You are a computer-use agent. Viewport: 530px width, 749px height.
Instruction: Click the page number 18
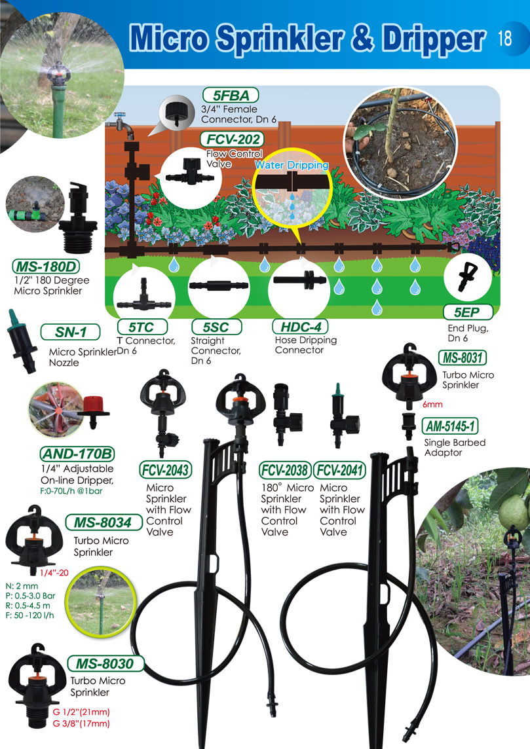(504, 38)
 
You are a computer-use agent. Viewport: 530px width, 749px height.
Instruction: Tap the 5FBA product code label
(231, 95)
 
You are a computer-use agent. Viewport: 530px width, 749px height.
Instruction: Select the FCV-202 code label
(233, 139)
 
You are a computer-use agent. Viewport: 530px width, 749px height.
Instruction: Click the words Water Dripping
(292, 165)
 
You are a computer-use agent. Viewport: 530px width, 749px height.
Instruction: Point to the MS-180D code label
(46, 266)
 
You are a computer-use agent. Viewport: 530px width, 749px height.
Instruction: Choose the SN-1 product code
(71, 331)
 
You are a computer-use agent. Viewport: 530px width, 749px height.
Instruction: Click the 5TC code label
(142, 327)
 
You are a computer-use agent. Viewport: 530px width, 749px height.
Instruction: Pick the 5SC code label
(216, 327)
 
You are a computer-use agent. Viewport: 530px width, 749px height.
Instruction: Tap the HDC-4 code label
(300, 327)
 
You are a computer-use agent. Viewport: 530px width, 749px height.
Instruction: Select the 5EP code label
(467, 312)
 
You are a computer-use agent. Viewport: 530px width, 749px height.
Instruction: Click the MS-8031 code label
(463, 357)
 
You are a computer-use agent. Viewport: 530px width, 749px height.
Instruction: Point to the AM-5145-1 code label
(450, 426)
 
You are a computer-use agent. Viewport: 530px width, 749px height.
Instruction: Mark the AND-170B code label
(77, 454)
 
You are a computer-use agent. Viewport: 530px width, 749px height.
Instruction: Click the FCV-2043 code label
(166, 470)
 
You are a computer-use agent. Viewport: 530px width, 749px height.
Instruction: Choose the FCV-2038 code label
(286, 470)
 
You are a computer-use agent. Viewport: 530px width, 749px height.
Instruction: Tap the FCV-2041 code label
(340, 470)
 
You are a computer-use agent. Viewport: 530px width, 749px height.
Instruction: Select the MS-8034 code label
(104, 522)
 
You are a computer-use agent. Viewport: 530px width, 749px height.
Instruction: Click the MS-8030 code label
(105, 663)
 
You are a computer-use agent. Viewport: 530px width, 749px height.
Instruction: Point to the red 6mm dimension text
(432, 405)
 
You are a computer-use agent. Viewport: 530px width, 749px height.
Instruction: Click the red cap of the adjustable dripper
(94, 405)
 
